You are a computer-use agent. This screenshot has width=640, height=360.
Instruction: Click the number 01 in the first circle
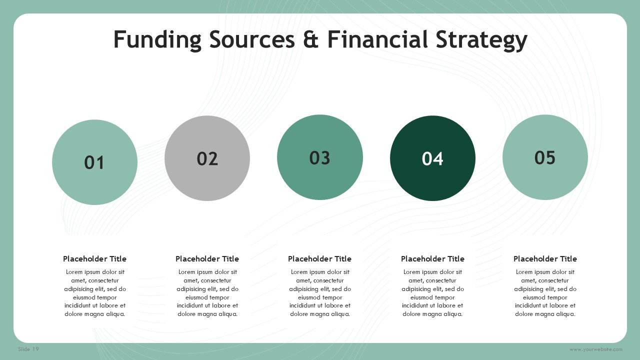tap(94, 162)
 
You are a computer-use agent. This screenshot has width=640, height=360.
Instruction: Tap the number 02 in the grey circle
tap(207, 158)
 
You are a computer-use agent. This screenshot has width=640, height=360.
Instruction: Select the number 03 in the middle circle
tap(319, 157)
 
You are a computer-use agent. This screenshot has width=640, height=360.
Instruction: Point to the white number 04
tap(432, 158)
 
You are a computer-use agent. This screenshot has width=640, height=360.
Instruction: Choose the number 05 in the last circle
tap(545, 157)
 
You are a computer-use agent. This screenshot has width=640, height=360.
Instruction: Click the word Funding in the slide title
tap(157, 40)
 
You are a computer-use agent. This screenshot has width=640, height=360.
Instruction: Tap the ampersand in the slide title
tap(311, 39)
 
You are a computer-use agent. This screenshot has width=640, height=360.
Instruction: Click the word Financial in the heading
tap(377, 39)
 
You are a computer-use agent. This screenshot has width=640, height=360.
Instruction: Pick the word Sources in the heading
tap(252, 39)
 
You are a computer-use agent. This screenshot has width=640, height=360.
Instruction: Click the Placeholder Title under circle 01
tap(94, 259)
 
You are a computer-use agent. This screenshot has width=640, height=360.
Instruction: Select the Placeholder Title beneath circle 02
tap(207, 259)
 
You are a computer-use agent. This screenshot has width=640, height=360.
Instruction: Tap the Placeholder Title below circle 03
tap(319, 259)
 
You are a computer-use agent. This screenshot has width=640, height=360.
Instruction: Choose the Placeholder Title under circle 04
tap(432, 259)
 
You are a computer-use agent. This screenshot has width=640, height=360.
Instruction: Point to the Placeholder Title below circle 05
tap(545, 259)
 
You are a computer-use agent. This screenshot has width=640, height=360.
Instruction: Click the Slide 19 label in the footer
tap(28, 349)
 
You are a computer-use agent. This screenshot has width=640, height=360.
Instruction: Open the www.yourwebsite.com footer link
tap(595, 349)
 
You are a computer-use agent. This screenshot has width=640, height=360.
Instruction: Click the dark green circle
tap(432, 158)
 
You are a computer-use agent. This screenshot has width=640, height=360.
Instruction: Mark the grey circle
tap(207, 158)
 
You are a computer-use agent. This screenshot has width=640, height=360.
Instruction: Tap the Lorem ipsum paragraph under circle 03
tap(320, 293)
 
